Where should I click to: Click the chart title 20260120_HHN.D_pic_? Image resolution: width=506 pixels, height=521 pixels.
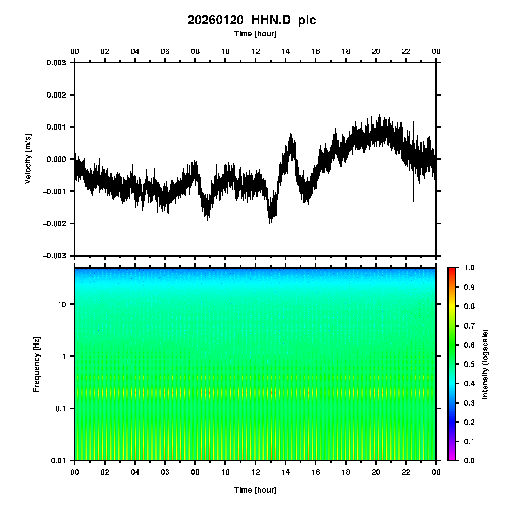255,20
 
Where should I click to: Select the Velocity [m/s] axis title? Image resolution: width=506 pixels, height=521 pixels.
28,159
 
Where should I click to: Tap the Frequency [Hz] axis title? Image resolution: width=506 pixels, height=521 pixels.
36,364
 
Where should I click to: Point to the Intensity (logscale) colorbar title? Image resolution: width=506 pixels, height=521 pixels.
485,364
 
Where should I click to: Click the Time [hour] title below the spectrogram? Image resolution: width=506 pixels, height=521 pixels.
255,490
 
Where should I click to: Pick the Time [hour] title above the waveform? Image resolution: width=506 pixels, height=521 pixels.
255,34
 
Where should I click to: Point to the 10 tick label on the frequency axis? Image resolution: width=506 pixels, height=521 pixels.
62,304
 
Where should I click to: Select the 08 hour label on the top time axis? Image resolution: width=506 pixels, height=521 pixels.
195,51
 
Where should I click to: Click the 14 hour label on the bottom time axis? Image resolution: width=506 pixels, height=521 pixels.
286,472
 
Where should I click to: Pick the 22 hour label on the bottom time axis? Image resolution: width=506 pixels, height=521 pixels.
406,472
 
